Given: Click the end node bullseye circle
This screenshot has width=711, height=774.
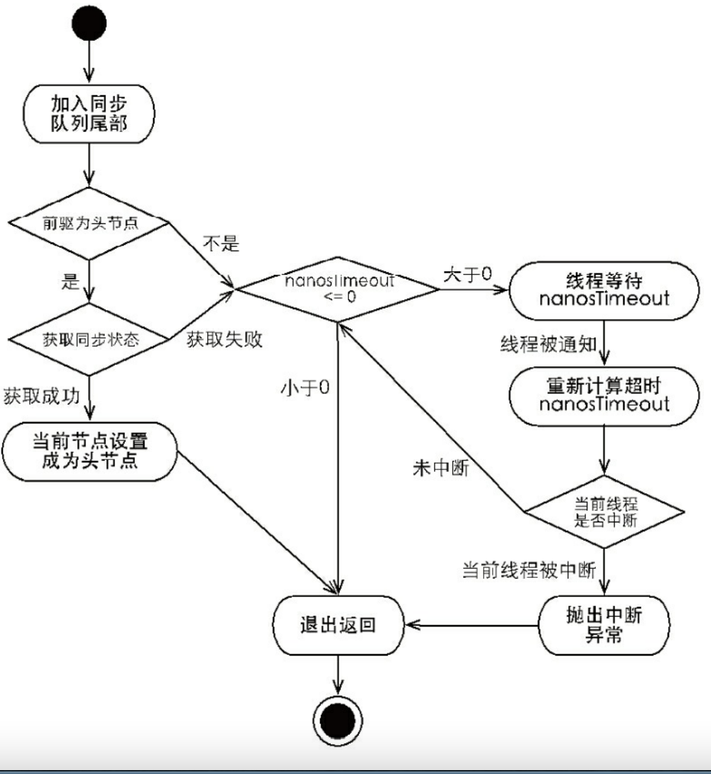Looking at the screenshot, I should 337,720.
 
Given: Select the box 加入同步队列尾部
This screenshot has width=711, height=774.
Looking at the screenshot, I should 89,114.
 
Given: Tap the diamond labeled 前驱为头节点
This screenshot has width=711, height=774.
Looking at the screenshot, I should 89,223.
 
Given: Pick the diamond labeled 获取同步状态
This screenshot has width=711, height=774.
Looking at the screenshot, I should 89,339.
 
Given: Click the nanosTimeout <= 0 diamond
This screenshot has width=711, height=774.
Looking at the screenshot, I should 339,289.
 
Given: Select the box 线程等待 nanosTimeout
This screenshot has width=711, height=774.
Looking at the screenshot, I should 604,289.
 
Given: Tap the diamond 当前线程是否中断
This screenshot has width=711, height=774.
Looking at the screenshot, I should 604,511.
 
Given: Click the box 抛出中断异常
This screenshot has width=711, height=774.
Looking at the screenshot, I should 604,625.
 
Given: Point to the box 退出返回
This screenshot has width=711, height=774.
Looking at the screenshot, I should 337,625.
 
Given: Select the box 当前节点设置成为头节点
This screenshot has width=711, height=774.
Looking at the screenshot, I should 89,451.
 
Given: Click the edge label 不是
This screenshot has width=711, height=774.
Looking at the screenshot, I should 221,244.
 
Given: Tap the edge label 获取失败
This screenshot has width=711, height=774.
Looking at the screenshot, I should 225,339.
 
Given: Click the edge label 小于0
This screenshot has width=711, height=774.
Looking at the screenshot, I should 304,388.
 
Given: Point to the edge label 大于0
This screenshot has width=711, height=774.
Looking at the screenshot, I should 468,274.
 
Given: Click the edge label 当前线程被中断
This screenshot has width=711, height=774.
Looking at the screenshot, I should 528,571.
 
